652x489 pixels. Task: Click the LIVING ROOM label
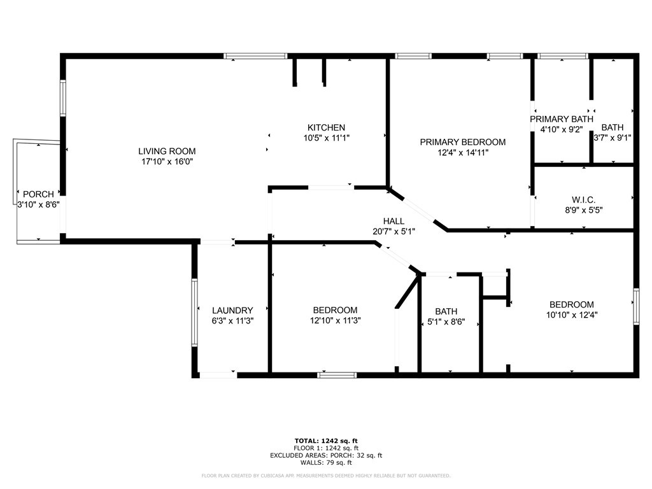[x=167, y=152]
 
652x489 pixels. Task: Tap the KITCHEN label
[x=327, y=127]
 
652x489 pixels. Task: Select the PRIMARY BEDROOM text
[x=463, y=142]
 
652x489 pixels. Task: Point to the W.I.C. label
[x=583, y=200]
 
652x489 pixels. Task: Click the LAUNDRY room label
[x=232, y=311]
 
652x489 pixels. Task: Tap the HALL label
[x=393, y=221]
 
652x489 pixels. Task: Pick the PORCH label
[x=38, y=194]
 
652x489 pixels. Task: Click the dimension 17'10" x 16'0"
[x=167, y=162]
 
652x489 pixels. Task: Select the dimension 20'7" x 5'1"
[x=393, y=232]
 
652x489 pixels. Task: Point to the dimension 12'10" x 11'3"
[x=335, y=321]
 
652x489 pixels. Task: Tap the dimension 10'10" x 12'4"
[x=572, y=315]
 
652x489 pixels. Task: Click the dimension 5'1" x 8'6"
[x=446, y=322]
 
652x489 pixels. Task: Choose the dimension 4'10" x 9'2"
[x=562, y=130]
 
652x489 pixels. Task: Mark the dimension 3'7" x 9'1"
[x=613, y=138]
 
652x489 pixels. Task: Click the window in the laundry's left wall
[x=194, y=312]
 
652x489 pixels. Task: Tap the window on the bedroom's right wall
[x=636, y=306]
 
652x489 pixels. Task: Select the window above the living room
[x=255, y=56]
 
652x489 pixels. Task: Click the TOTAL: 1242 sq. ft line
[x=326, y=441]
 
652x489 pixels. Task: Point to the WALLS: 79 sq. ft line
[x=326, y=462]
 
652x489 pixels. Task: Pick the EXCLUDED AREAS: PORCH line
[x=326, y=455]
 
